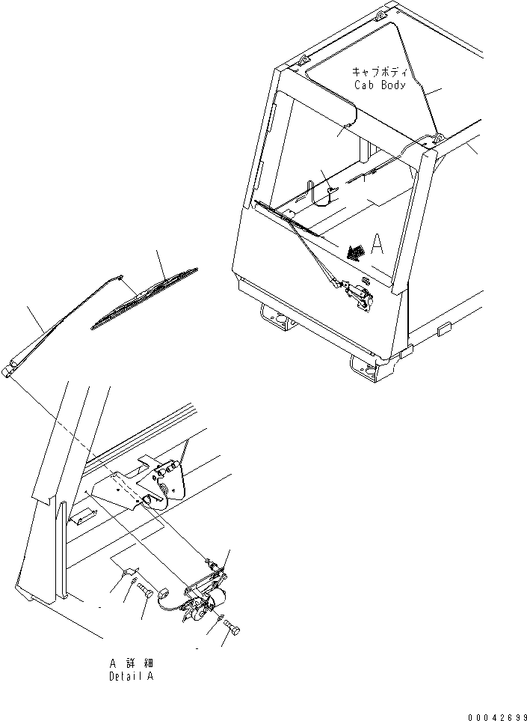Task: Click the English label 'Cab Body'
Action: tap(380, 85)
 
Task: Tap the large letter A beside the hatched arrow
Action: tap(377, 244)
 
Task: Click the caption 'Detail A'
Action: tap(132, 677)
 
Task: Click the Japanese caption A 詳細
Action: tap(132, 663)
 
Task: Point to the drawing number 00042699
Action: tap(497, 717)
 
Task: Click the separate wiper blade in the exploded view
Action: tap(144, 298)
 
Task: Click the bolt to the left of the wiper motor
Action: tap(147, 590)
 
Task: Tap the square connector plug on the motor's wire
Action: tap(163, 593)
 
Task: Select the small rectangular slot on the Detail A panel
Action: tap(83, 516)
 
